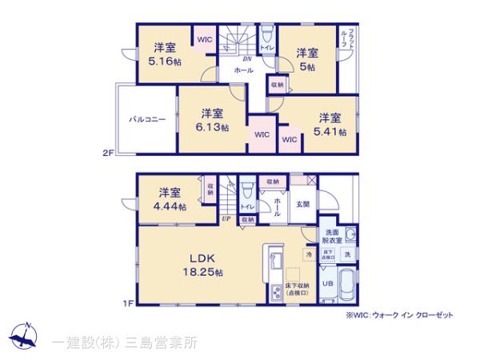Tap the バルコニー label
[148, 119]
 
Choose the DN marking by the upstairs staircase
[247, 58]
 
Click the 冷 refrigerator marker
[309, 254]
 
